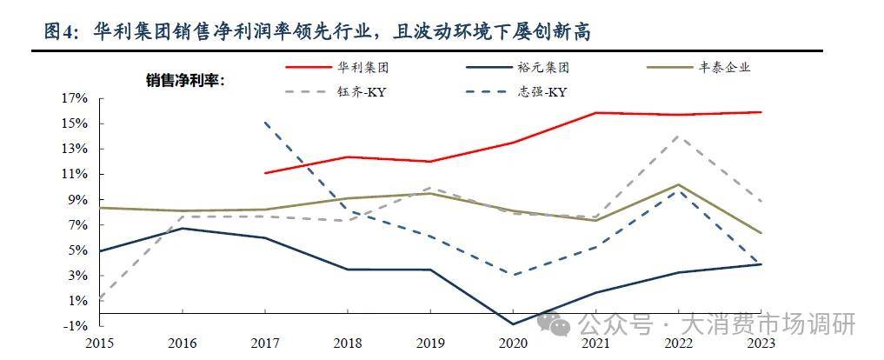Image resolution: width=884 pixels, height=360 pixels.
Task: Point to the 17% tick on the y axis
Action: point(75,98)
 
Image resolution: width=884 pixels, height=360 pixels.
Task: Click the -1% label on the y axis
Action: point(75,325)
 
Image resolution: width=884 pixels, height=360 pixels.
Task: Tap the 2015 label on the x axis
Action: point(99,343)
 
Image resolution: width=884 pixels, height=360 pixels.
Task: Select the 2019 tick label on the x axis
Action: point(430,343)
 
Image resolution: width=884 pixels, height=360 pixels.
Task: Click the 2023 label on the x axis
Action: point(761,343)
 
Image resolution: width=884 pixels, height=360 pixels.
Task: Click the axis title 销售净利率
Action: point(185,81)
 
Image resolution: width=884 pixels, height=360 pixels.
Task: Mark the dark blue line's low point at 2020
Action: point(513,324)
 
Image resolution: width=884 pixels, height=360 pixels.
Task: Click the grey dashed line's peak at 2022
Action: point(679,136)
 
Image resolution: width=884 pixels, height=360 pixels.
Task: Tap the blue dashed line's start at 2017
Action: point(265,123)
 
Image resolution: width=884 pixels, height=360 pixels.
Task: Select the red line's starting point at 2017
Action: point(265,173)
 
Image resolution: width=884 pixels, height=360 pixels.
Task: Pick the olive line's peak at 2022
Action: point(679,184)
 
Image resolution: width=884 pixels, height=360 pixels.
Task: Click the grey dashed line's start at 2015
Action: point(100,301)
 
